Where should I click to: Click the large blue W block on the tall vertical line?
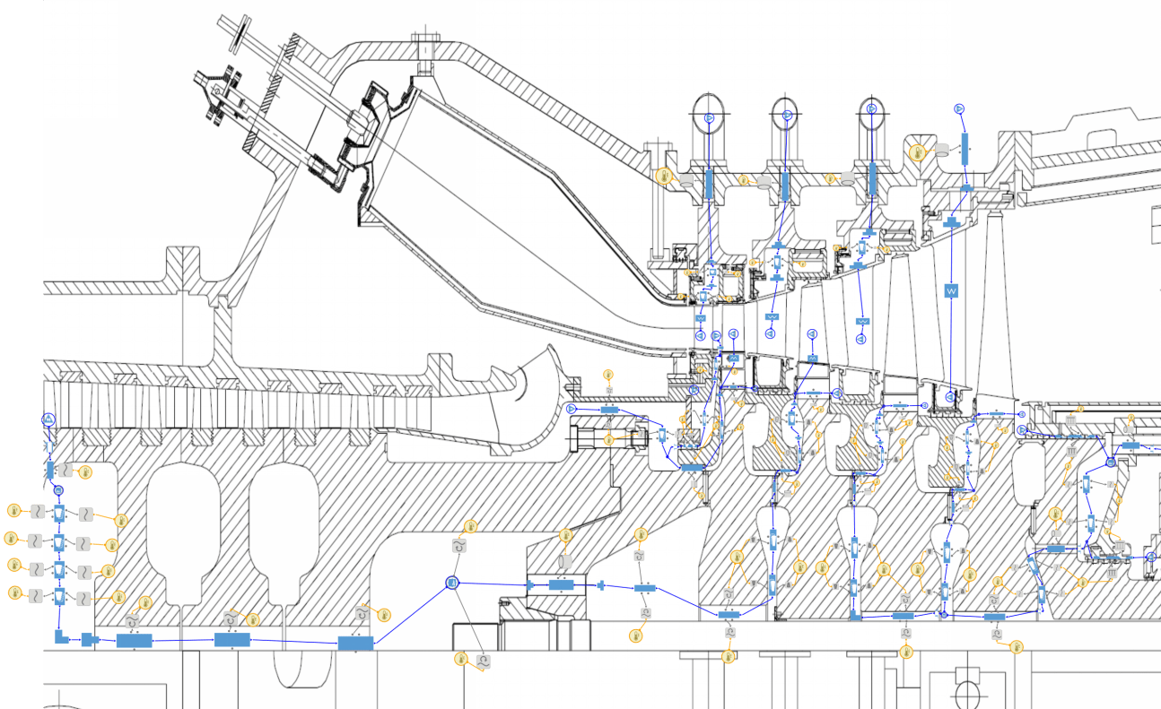click(951, 291)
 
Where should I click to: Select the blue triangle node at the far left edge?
click(49, 419)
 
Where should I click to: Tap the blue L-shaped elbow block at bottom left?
click(61, 637)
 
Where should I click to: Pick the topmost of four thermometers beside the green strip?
click(14, 511)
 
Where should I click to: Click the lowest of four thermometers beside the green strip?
click(14, 592)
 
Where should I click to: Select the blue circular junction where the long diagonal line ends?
click(452, 583)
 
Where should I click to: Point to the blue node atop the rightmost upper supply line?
click(958, 108)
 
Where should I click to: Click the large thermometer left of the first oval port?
click(665, 177)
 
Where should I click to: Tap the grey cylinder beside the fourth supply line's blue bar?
click(942, 150)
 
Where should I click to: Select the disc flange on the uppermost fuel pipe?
click(239, 33)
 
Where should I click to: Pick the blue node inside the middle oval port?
click(787, 116)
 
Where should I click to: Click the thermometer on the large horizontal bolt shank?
click(609, 439)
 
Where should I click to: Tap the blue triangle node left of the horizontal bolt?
click(572, 409)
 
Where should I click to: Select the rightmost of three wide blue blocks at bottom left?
click(355, 643)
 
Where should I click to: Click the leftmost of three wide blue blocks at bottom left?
click(135, 640)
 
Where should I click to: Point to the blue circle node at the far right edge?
click(1153, 558)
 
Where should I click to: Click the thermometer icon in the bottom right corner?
click(1017, 646)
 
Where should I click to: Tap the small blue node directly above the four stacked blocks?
click(58, 490)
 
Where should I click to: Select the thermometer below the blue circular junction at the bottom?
click(461, 660)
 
